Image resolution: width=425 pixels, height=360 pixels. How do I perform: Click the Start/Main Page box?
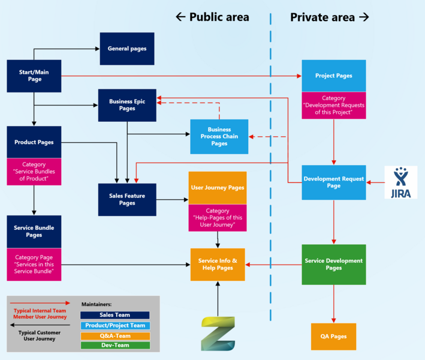(x=34, y=76)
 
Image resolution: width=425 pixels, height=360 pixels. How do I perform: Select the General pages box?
(x=126, y=49)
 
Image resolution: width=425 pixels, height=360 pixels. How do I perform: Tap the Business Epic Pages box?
(x=127, y=105)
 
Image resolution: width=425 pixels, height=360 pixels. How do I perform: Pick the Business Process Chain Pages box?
(x=219, y=137)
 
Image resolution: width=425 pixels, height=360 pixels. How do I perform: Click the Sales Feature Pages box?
(x=127, y=199)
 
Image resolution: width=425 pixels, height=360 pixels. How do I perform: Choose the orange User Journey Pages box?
(x=218, y=188)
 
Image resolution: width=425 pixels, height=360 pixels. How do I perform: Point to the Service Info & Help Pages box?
(x=218, y=265)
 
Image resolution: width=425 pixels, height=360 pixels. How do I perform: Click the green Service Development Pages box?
(x=333, y=265)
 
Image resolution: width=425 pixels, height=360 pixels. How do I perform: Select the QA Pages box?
(x=333, y=337)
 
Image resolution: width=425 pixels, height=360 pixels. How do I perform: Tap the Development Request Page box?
(x=333, y=182)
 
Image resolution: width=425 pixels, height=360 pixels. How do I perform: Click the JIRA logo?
(x=400, y=182)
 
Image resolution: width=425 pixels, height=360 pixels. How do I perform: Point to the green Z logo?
(x=218, y=333)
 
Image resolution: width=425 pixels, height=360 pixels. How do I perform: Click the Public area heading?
(x=213, y=17)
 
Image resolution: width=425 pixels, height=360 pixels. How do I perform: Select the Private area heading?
(x=330, y=17)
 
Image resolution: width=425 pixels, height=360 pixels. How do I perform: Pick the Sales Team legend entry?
(x=114, y=315)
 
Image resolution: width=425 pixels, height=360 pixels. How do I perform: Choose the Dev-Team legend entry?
(x=114, y=346)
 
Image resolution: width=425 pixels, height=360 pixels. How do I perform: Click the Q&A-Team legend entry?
(x=114, y=335)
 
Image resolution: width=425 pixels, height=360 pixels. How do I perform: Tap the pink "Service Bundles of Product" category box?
(x=34, y=172)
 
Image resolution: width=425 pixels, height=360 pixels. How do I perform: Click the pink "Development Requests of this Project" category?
(x=333, y=106)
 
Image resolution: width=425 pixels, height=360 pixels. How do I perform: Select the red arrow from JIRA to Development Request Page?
(x=375, y=182)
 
